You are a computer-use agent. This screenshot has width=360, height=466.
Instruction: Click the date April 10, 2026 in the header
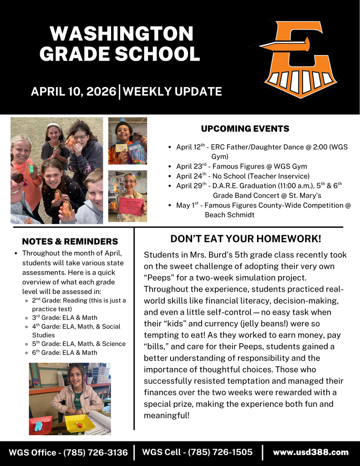(73, 91)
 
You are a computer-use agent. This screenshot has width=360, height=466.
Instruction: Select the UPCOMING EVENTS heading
(245, 129)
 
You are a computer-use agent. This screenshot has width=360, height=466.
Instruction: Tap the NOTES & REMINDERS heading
(70, 241)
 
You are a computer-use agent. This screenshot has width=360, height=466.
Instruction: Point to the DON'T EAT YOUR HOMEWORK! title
(245, 239)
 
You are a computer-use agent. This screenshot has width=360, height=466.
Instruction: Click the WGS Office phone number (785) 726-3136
(96, 452)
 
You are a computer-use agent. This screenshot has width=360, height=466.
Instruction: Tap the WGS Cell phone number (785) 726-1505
(220, 452)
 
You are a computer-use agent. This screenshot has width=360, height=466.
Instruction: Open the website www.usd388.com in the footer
(310, 452)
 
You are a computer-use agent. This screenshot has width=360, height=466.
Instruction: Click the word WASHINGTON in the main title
(121, 34)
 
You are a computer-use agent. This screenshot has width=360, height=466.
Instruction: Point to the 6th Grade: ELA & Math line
(64, 352)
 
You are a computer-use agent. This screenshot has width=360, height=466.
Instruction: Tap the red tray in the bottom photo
(41, 424)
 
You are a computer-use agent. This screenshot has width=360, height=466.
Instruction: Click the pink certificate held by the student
(131, 206)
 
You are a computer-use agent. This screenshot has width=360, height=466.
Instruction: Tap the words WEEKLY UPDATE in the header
(172, 91)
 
